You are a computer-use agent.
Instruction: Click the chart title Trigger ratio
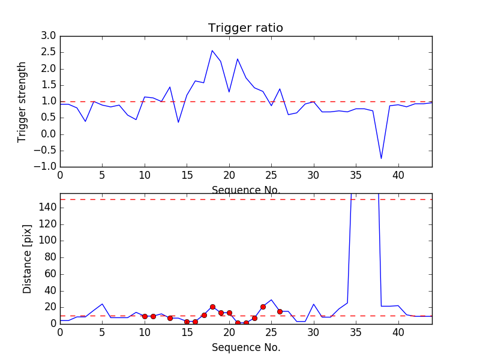(x=245, y=28)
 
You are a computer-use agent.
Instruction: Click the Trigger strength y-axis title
(x=22, y=101)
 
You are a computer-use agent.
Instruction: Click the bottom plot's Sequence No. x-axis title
(x=245, y=347)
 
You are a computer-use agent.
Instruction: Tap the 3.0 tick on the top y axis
(x=49, y=36)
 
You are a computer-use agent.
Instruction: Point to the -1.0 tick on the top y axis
(x=46, y=166)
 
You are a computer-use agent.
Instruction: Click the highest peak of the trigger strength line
(x=212, y=50)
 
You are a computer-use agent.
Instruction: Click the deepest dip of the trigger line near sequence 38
(x=381, y=158)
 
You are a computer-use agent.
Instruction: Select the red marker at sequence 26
(x=280, y=311)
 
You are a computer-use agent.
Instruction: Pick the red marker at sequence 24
(x=263, y=307)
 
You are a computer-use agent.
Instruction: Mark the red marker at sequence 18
(x=212, y=307)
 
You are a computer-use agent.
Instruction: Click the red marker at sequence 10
(x=145, y=316)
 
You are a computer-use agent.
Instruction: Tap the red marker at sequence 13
(x=170, y=318)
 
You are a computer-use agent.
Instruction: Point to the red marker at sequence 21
(x=238, y=323)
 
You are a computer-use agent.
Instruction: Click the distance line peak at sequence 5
(x=102, y=304)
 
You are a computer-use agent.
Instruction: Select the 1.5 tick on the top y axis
(x=49, y=85)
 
